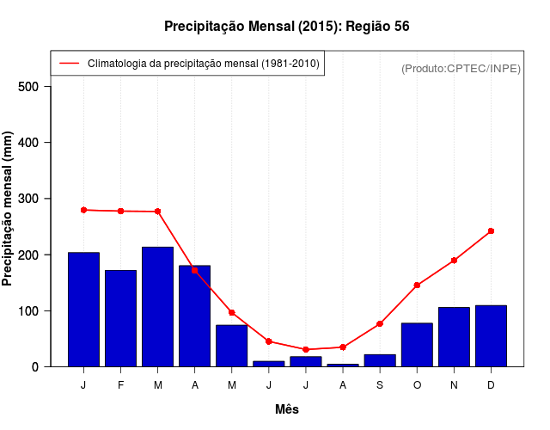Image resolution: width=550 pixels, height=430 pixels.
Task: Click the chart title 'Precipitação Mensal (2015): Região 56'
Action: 287,27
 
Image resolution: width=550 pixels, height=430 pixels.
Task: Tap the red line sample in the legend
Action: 70,63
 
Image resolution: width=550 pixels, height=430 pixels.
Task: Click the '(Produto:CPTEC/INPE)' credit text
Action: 461,68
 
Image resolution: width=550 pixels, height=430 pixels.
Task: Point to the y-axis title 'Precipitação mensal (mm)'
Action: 8,209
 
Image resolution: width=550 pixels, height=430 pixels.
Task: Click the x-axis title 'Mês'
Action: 287,409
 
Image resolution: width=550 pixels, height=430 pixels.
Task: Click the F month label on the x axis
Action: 121,385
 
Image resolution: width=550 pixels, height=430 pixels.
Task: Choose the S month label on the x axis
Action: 380,385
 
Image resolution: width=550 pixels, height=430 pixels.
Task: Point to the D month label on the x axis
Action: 491,385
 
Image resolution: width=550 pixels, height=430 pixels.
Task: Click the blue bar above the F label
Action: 121,318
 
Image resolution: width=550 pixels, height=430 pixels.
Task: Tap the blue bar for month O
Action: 417,345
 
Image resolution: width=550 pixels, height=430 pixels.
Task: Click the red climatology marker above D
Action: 491,230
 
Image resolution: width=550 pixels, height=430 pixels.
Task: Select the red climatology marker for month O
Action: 417,285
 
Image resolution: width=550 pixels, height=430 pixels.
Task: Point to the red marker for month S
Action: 380,323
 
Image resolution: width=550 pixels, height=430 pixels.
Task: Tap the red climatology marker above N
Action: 454,260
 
